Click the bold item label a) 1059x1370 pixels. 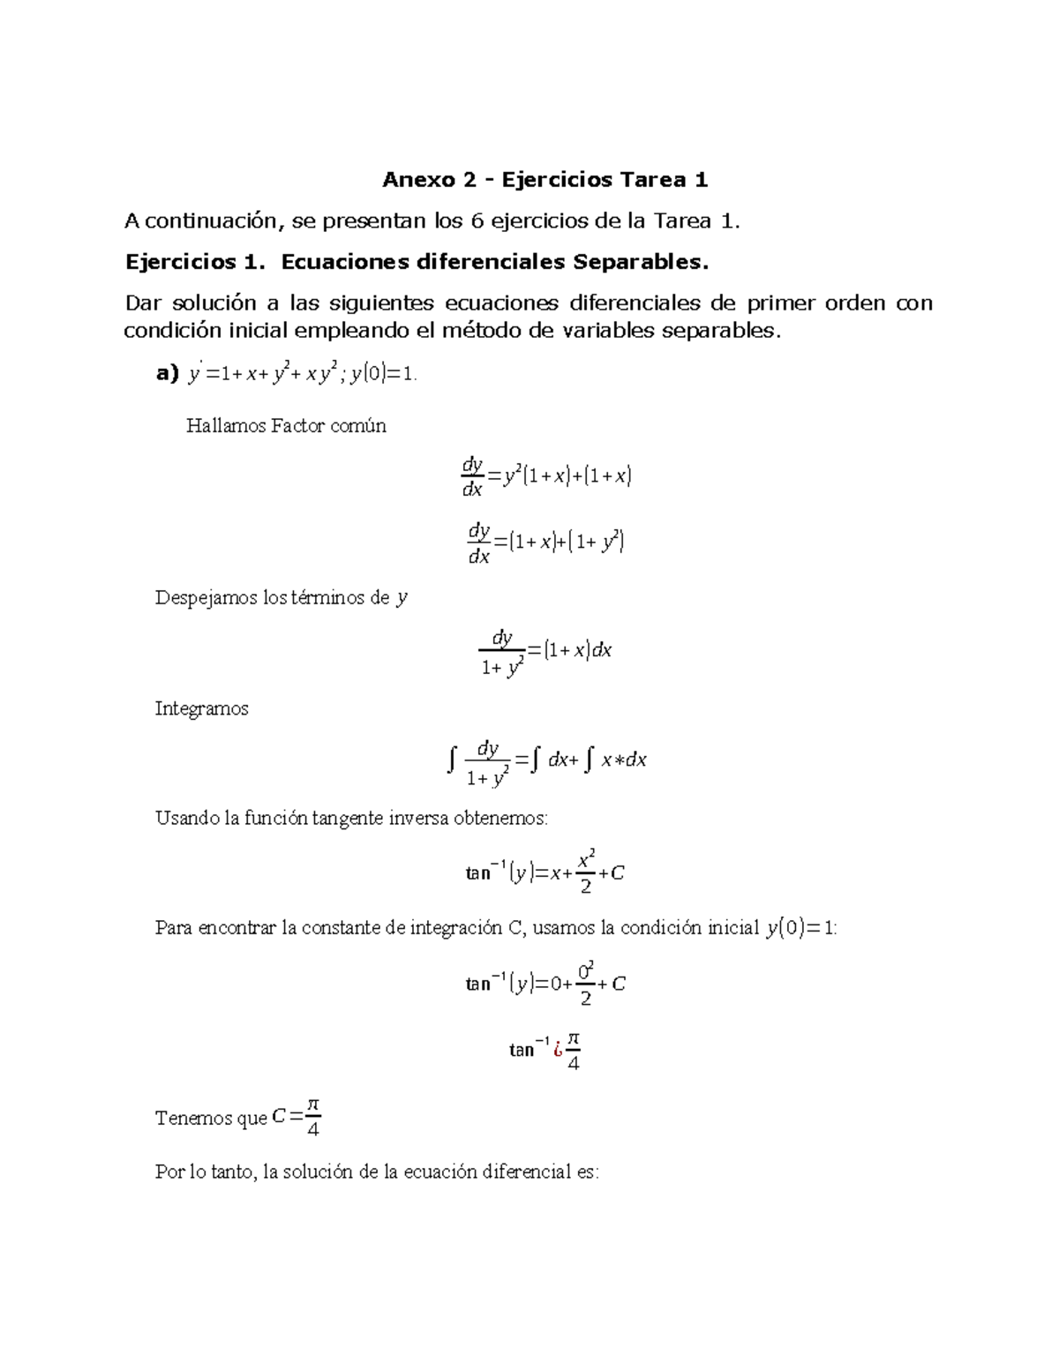point(167,374)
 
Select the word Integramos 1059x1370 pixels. point(202,708)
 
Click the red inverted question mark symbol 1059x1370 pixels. point(557,1050)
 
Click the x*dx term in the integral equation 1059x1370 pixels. point(624,760)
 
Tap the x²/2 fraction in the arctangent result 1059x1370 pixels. point(586,872)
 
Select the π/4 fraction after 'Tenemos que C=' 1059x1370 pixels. point(312,1118)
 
